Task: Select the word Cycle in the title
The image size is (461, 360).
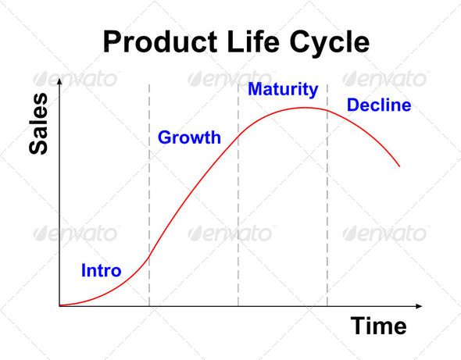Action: coord(330,44)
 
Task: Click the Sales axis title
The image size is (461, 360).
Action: coord(38,123)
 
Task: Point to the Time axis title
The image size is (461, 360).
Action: coord(379,326)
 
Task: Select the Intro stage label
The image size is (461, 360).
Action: coord(101,270)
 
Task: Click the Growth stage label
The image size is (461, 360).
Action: coord(189,137)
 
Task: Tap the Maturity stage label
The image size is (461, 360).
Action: coord(283,90)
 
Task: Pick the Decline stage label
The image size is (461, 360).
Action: coord(379,105)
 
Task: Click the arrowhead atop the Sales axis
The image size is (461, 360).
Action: coord(59,81)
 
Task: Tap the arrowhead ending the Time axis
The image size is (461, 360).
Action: coord(419,306)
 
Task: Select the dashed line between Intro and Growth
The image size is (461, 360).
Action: coord(149,195)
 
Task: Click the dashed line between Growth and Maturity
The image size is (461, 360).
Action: coord(238,195)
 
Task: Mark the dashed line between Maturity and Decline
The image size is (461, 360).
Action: coord(327,195)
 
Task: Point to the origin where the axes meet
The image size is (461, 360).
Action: coord(59,306)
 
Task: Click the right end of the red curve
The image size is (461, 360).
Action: coord(399,166)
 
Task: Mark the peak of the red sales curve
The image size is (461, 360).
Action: coord(304,108)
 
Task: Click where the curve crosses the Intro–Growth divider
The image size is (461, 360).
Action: coord(149,257)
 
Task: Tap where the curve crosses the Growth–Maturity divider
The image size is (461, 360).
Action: coord(238,135)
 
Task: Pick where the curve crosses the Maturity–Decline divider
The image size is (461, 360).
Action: coord(327,110)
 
